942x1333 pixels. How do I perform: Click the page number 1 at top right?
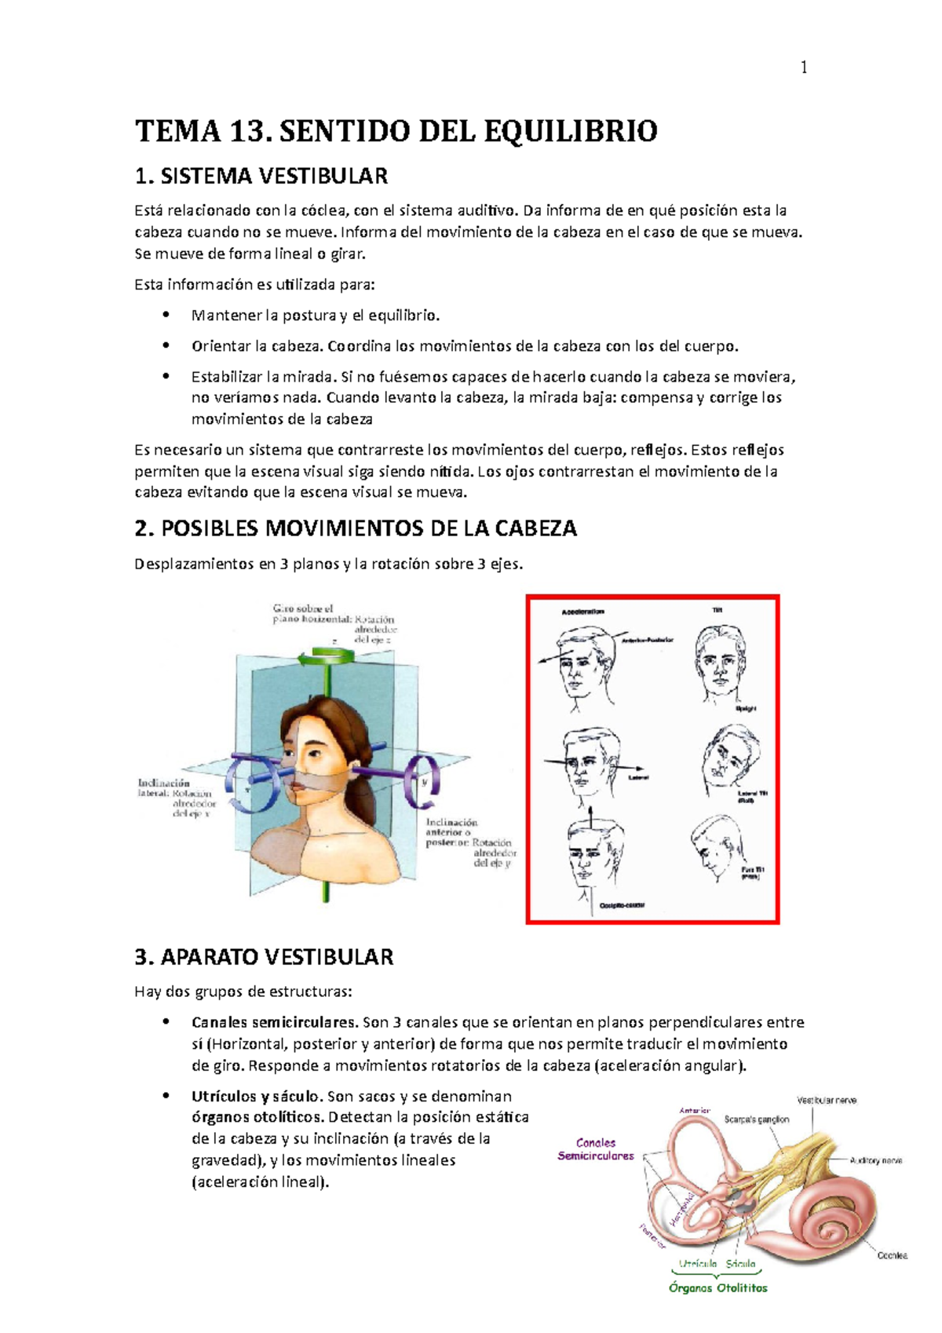(x=803, y=68)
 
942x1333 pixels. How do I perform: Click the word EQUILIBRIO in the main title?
(x=570, y=131)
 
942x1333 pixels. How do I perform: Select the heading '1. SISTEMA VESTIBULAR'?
(x=261, y=176)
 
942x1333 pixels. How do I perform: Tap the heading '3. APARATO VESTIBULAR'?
(x=264, y=957)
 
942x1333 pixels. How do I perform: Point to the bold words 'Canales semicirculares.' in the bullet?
(x=275, y=1022)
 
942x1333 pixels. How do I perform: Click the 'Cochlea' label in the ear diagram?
(x=892, y=1255)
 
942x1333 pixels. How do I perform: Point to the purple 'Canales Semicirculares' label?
(x=596, y=1149)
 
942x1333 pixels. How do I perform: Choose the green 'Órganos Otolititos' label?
(x=717, y=1287)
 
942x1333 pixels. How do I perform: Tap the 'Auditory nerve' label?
(x=876, y=1160)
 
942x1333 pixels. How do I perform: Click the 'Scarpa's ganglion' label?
(x=756, y=1119)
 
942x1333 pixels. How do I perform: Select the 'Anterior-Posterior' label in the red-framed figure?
(x=647, y=641)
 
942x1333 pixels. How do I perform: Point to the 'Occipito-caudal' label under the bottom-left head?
(x=622, y=905)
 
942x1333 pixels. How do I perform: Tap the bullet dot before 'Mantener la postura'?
(x=166, y=315)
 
